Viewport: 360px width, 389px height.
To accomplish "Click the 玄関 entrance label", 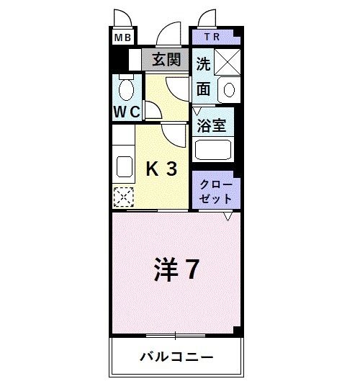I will [x=166, y=60].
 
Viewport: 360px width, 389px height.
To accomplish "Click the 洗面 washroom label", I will [x=204, y=76].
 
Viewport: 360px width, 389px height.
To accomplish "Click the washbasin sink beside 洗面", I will [x=229, y=89].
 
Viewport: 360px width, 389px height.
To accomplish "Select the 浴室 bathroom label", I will [x=212, y=125].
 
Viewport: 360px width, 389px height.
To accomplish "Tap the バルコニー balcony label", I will [x=176, y=357].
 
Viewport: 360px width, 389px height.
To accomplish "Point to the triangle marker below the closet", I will [x=228, y=216].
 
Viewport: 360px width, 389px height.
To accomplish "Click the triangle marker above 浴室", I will [x=197, y=110].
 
